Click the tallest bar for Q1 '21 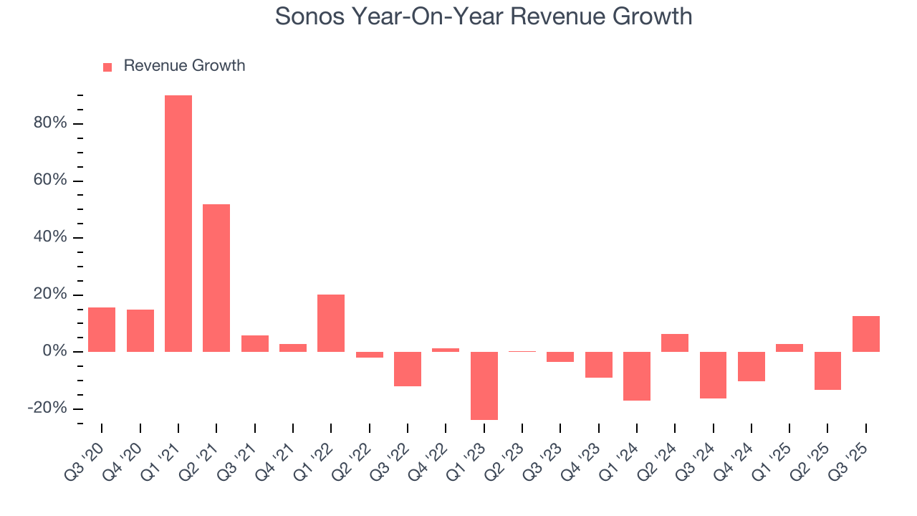click(178, 223)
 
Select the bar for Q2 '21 click(216, 278)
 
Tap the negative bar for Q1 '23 click(484, 386)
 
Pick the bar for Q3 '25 click(865, 334)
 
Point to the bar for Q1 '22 click(331, 323)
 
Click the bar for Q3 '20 click(102, 330)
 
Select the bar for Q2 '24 click(675, 343)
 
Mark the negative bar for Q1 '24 click(636, 376)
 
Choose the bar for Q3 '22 click(408, 369)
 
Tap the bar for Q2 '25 click(827, 371)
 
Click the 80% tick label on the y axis click(50, 123)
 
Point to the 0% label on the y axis click(54, 352)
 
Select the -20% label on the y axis click(47, 408)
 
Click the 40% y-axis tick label click(50, 237)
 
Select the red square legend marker click(107, 67)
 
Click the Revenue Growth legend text click(184, 66)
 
